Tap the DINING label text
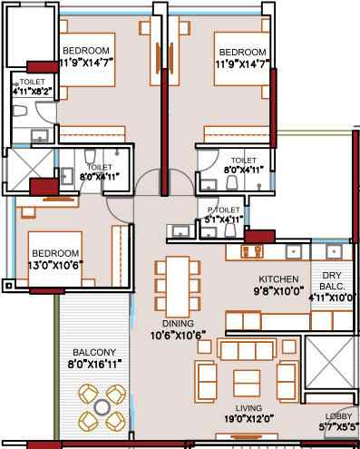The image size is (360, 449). (x=178, y=323)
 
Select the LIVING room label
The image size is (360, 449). (x=248, y=408)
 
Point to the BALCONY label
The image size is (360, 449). (x=94, y=352)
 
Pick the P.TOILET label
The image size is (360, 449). (x=224, y=210)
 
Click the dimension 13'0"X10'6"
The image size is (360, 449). (x=55, y=265)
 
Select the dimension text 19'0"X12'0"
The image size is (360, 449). (x=249, y=419)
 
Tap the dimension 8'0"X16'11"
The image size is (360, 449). (x=94, y=364)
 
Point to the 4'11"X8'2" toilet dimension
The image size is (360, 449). (x=32, y=91)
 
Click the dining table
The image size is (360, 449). (x=178, y=286)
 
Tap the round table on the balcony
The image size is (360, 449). (x=102, y=407)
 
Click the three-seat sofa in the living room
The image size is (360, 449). (x=247, y=350)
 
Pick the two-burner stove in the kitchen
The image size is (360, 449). (x=251, y=252)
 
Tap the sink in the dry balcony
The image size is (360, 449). (x=334, y=251)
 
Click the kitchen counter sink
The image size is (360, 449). (x=293, y=251)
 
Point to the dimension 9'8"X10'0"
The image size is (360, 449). (x=278, y=291)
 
